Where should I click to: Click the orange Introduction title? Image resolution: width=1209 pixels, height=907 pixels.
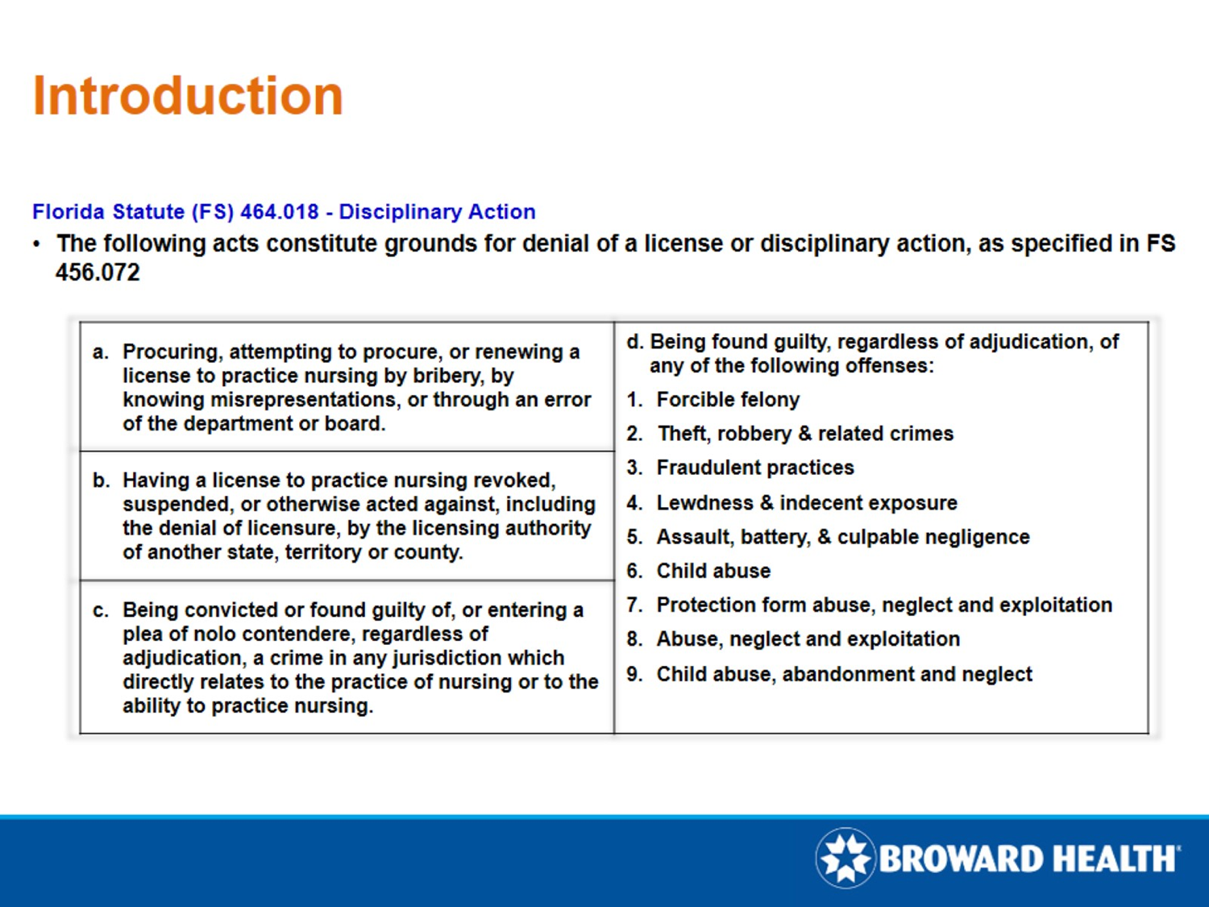[x=188, y=96]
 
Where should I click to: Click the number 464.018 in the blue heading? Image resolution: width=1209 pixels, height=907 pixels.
[x=279, y=212]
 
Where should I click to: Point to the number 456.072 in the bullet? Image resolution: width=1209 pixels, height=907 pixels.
[x=98, y=273]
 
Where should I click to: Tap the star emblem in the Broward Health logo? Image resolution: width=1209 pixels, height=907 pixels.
[x=845, y=858]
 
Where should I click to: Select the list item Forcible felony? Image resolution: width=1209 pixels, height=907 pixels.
[x=727, y=400]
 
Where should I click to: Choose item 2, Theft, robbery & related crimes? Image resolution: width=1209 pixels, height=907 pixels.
[x=804, y=434]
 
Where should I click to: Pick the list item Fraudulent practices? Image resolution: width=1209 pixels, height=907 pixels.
[x=754, y=468]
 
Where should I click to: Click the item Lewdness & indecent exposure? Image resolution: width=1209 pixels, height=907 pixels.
[x=806, y=503]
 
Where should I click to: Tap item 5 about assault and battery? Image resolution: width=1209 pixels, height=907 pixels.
[x=842, y=537]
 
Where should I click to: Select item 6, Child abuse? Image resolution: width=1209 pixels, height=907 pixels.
[x=713, y=571]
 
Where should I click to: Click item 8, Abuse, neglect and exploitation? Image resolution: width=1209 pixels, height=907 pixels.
[x=808, y=639]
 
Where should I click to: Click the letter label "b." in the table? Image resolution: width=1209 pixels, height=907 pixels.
[x=101, y=481]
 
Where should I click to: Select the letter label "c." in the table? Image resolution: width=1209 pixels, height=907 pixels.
[x=101, y=611]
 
